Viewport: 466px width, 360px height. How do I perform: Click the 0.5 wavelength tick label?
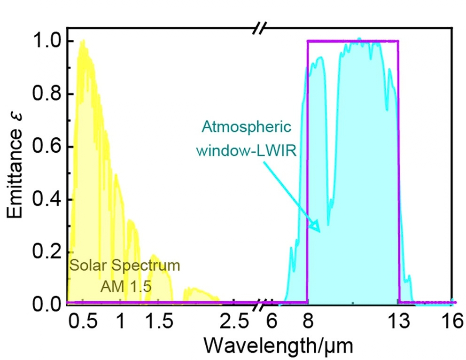click(83, 321)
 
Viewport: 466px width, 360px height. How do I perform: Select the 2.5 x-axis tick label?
click(234, 321)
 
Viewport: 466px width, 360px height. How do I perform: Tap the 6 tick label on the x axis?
click(272, 321)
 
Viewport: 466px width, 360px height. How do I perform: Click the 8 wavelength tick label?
click(308, 321)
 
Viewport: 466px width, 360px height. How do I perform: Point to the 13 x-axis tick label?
click(399, 321)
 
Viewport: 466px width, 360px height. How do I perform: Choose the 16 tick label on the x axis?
click(453, 321)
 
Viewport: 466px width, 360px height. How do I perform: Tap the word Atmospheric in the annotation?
click(246, 128)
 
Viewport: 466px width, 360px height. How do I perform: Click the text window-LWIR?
click(246, 150)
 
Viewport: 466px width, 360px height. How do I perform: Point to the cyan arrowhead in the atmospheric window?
click(315, 227)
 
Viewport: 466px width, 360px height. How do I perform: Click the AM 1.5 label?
click(126, 287)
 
